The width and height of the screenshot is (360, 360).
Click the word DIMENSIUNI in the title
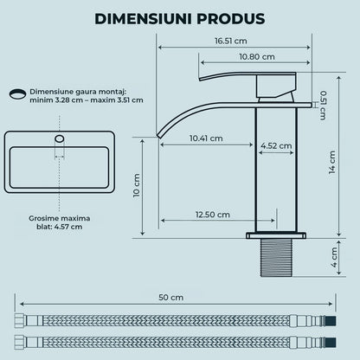coord(143,19)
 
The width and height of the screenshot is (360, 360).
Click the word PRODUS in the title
coord(231,19)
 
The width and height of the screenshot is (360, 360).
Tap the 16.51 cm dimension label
coord(231,41)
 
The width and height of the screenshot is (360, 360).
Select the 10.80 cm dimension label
coord(257,57)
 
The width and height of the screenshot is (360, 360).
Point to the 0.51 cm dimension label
coord(324,106)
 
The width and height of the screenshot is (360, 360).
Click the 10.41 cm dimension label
coord(206,138)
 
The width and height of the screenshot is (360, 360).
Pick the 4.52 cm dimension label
coord(276,146)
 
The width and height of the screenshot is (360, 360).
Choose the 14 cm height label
coord(332,163)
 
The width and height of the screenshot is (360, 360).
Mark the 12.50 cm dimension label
coord(213,215)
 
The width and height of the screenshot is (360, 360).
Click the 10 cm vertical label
coord(137,185)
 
